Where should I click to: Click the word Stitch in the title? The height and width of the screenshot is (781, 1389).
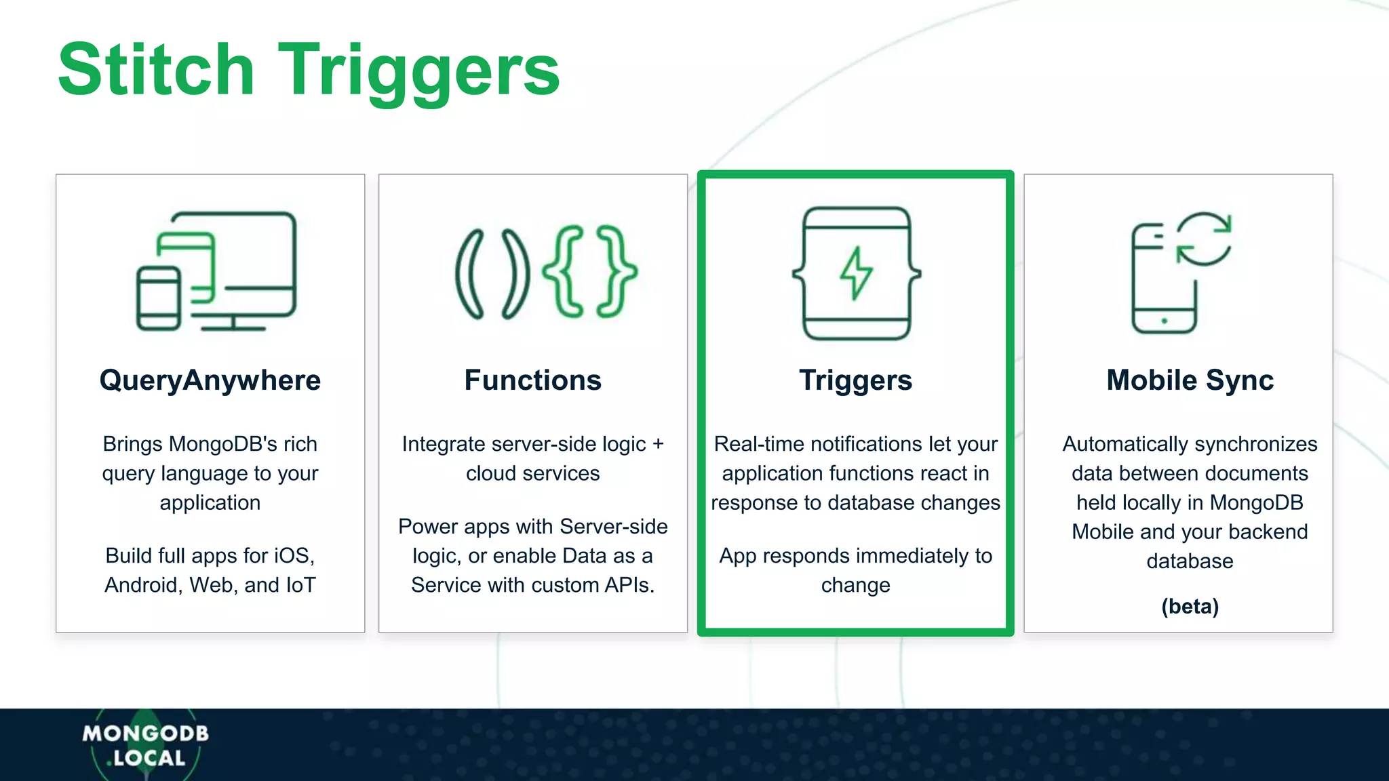click(156, 69)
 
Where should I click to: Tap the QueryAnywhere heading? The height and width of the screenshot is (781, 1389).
click(210, 380)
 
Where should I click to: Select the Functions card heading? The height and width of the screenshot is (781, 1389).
click(532, 380)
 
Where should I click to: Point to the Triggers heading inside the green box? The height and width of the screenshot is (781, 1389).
click(855, 380)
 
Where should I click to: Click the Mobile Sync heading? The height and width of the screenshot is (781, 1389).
click(1190, 380)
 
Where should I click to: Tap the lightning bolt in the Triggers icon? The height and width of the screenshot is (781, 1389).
click(856, 273)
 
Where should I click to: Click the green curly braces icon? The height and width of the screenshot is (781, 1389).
click(589, 272)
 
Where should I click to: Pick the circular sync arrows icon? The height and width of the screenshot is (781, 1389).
click(1203, 239)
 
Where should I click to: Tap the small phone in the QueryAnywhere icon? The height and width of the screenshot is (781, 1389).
click(159, 298)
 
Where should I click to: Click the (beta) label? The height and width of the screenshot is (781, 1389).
click(1190, 606)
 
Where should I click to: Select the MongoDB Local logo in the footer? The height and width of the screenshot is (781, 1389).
click(145, 745)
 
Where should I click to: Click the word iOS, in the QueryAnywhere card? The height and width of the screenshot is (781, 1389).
click(294, 556)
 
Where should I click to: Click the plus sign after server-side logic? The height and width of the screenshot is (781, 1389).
click(657, 444)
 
